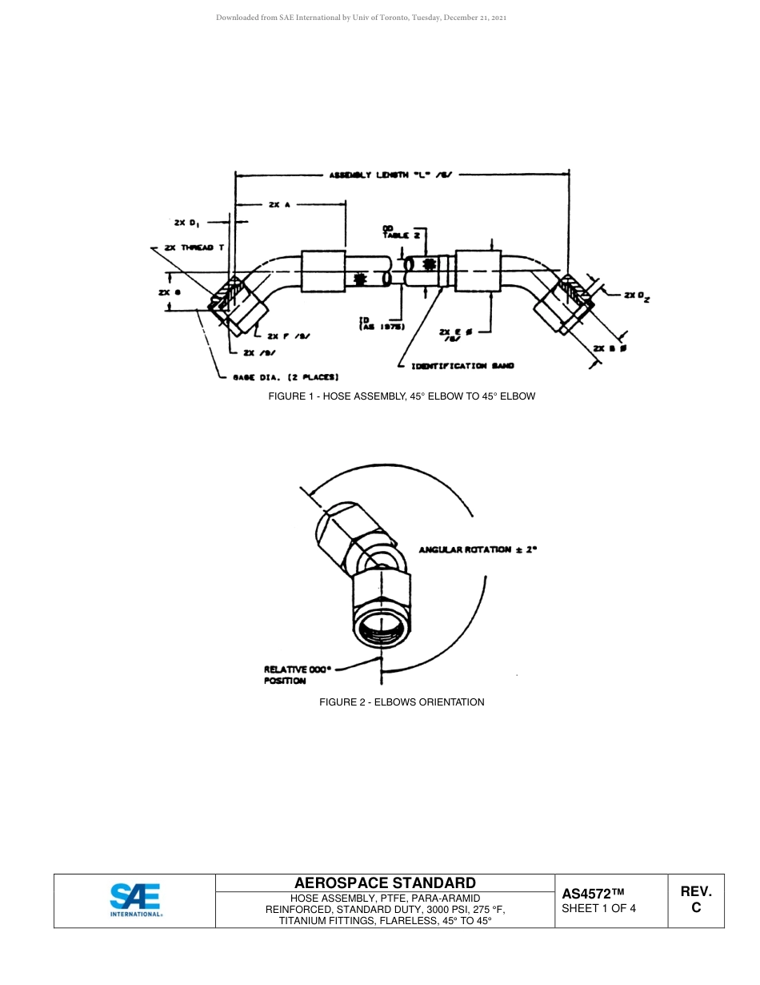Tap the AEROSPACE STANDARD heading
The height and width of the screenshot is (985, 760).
pos(385,883)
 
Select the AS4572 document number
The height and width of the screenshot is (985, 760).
pos(592,894)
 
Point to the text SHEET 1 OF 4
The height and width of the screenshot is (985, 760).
pos(599,908)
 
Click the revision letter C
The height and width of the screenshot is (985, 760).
pos(696,908)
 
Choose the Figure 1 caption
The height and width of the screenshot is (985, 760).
pos(402,396)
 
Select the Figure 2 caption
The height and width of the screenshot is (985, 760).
pos(402,702)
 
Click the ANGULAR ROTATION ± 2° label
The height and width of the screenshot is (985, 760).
pos(478,550)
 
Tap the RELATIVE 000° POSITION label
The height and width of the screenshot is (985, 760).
pos(297,674)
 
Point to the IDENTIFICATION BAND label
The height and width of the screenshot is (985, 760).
pos(462,366)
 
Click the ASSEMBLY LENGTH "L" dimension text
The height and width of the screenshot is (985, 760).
pos(391,174)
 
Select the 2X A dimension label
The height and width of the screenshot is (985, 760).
pos(279,205)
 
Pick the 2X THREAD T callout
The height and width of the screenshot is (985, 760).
pos(194,248)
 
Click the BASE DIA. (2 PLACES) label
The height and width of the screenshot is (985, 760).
pos(286,377)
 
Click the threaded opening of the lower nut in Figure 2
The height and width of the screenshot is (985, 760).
pos(382,627)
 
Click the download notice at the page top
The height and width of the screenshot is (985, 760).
pos(361,17)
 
